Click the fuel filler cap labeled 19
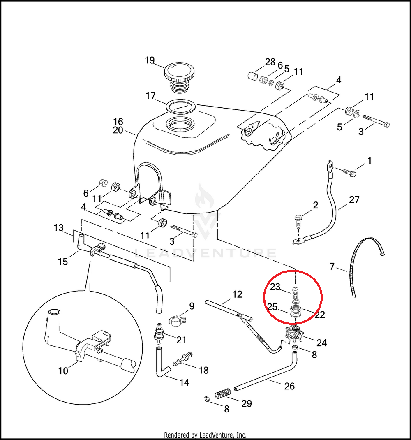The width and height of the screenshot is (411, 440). [x=178, y=77]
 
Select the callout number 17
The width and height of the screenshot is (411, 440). [x=151, y=96]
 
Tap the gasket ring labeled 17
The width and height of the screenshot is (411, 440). [x=181, y=107]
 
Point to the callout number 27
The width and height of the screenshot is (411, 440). [x=354, y=199]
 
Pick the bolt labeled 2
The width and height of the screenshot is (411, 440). [x=298, y=221]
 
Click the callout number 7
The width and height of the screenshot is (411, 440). [x=332, y=266]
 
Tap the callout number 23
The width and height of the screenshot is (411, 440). [x=275, y=287]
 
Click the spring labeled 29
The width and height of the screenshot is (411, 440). [x=223, y=394]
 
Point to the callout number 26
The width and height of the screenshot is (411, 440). [x=289, y=386]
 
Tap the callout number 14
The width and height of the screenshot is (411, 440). [x=184, y=382]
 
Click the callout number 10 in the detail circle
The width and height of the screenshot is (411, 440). [x=63, y=371]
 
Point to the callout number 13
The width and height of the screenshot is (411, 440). [x=59, y=227]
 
